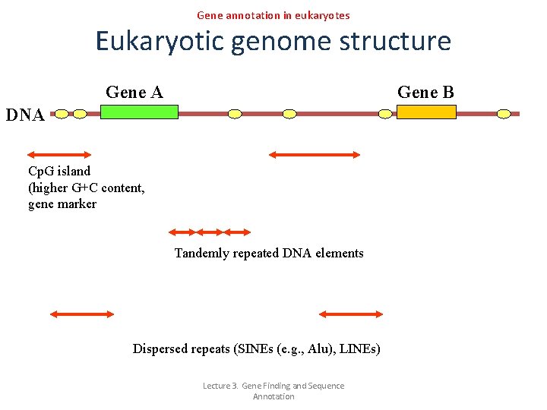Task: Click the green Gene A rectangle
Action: tap(139, 112)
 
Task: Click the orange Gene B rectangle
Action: tap(427, 112)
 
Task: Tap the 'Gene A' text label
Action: tap(134, 93)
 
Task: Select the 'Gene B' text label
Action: tap(425, 93)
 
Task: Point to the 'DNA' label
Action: tap(25, 115)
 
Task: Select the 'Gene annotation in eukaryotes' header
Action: tap(273, 15)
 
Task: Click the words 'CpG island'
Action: tap(59, 171)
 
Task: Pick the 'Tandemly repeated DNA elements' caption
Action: tap(269, 253)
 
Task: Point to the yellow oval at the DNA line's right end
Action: tap(504, 114)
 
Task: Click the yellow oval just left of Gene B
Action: tap(385, 114)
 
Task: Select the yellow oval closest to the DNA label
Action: tap(61, 114)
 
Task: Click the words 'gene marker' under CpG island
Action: tap(62, 204)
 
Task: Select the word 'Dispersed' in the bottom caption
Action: tap(160, 348)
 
